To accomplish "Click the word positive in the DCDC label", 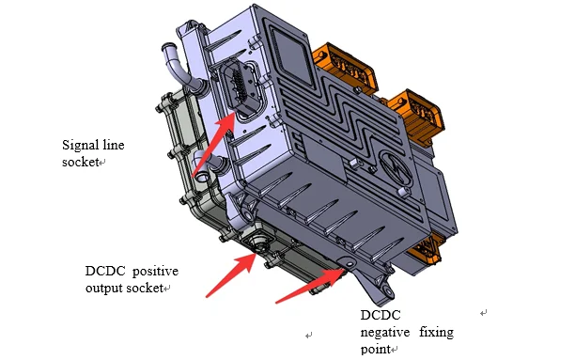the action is coord(155,272).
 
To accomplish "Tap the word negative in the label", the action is coord(384,332).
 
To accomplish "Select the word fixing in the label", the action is coord(436,332).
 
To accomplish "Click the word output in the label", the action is coord(104,288).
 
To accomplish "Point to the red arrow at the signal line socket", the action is coord(213,144).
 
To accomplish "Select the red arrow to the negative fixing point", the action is coord(311,286).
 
